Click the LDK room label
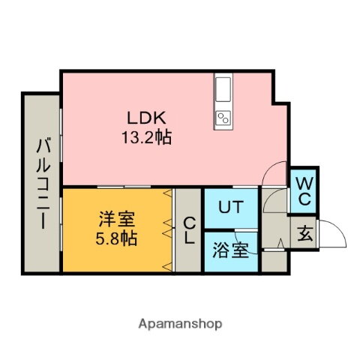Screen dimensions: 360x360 146,118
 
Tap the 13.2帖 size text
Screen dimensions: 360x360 147,137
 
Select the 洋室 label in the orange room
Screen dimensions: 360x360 117,219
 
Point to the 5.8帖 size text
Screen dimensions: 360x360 116,238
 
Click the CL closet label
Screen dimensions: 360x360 189,230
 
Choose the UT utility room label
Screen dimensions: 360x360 231,207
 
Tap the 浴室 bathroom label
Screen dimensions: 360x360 230,250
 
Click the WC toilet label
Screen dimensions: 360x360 304,191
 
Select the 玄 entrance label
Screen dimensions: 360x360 305,233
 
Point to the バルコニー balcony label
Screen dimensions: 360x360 43,184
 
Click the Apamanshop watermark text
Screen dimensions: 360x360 180,324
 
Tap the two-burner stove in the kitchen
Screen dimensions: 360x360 223,118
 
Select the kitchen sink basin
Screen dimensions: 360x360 223,89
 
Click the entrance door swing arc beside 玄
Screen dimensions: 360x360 339,228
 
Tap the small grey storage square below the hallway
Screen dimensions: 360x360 274,262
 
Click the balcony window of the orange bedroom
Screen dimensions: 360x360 61,223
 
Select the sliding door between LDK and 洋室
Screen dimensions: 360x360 124,187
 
